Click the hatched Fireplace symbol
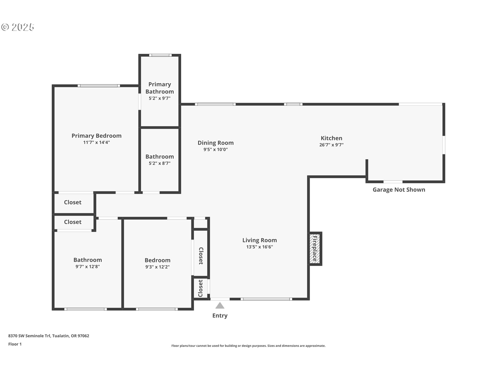315,249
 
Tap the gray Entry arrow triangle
220,306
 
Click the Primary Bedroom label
96,136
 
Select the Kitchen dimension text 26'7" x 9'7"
331,145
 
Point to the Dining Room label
216,143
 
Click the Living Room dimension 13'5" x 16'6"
259,247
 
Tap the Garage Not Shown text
399,190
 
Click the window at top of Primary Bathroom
160,55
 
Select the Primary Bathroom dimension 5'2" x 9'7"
159,98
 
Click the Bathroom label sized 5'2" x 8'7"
159,156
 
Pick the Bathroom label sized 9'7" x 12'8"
87,260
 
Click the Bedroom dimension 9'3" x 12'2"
157,267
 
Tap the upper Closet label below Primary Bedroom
72,202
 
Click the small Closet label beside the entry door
200,288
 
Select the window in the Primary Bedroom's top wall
99,86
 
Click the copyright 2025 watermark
18,27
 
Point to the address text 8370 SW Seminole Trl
49,336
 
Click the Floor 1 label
15,344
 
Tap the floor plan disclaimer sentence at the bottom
248,346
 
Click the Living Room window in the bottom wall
266,299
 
